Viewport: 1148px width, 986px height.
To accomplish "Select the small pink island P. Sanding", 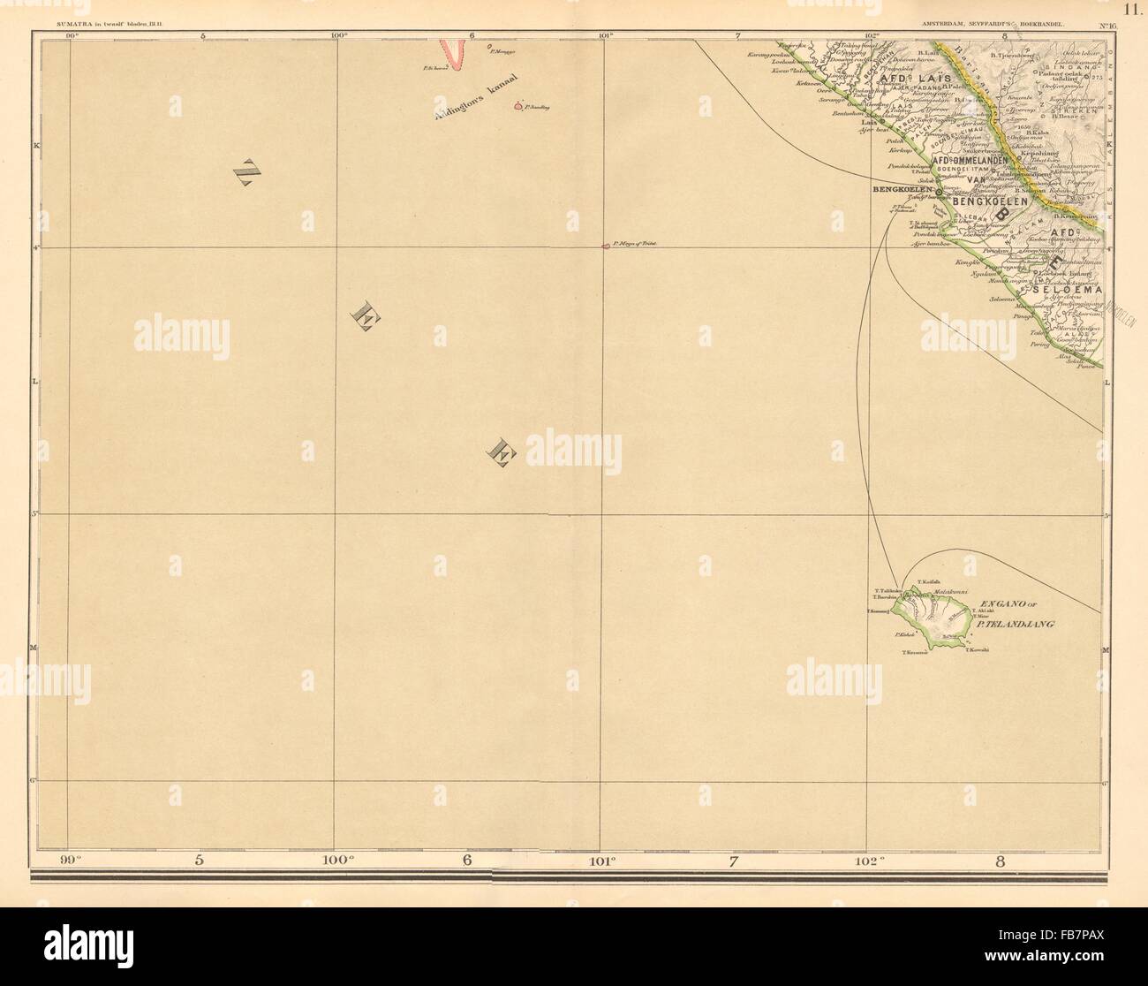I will (x=517, y=107).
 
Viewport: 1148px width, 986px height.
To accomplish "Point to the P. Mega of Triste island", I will (x=606, y=246).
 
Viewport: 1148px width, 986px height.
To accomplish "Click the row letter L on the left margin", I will (x=36, y=382).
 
